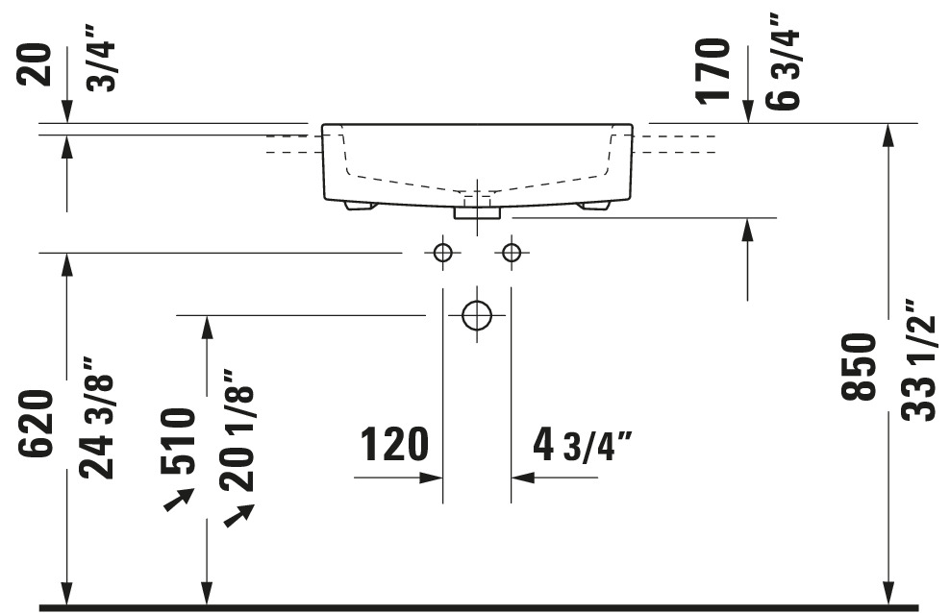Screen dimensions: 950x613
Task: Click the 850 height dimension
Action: [x=860, y=367]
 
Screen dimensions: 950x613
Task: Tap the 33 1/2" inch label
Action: [x=918, y=360]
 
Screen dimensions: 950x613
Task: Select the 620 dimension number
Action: [x=36, y=424]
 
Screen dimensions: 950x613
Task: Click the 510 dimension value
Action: [x=178, y=442]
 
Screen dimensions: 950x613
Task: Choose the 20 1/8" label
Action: [x=237, y=430]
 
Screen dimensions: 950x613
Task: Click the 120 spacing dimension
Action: [x=394, y=444]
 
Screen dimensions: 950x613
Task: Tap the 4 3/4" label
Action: [x=583, y=446]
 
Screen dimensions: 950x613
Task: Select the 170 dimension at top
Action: [x=712, y=71]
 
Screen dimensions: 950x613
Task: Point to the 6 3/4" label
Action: [x=783, y=61]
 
